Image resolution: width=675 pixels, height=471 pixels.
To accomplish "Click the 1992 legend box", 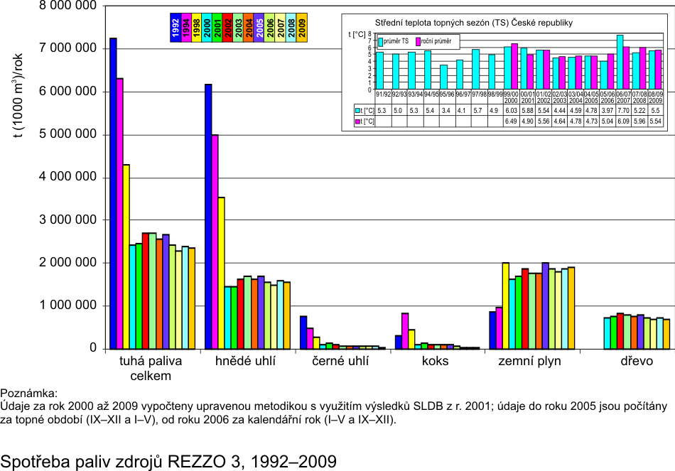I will pos(175,28).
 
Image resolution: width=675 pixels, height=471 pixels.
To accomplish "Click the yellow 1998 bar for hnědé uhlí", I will pos(221,273).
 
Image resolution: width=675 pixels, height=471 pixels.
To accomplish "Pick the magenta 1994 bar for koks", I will pos(405,330).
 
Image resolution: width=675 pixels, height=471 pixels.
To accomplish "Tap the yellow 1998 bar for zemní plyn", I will pos(505,305).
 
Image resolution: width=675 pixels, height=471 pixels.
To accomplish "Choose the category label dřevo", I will pos(637,362).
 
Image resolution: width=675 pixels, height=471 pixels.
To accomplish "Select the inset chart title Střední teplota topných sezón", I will pos(473,23).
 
